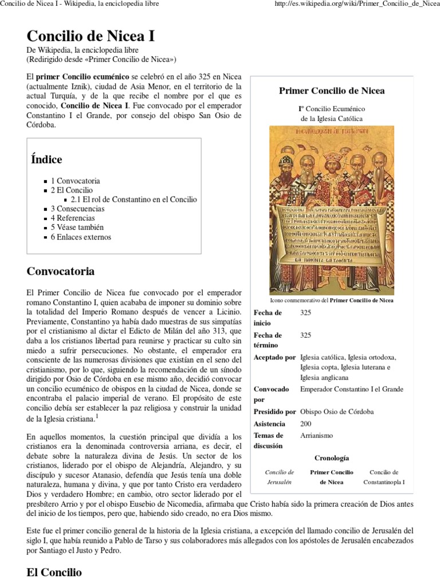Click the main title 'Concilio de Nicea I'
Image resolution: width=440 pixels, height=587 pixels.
91,36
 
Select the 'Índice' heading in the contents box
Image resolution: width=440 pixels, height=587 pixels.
46,159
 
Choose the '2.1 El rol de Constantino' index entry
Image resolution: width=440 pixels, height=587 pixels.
133,199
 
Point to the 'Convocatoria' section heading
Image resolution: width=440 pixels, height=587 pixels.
60,271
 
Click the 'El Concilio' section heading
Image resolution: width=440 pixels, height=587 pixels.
54,572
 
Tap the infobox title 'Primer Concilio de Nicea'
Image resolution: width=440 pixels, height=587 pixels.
331,91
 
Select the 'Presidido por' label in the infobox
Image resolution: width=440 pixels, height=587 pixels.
274,412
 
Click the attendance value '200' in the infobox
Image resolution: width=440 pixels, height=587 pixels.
306,424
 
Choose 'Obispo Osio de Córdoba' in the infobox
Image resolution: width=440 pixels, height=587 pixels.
337,412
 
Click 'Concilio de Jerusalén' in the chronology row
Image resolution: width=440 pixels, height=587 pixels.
280,477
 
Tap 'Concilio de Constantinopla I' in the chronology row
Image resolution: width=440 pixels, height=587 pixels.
384,477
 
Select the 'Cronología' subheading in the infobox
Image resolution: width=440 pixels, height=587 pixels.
332,458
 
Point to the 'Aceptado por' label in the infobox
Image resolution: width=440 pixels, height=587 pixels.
274,357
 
